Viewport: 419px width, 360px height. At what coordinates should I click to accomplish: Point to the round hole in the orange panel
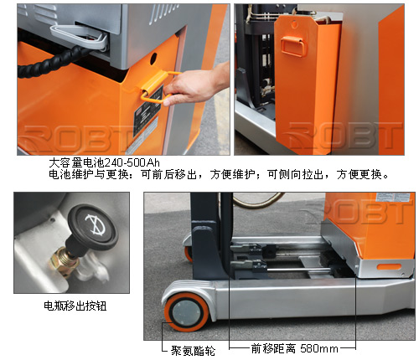point(153,59)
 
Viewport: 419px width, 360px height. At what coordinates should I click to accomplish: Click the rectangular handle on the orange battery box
point(292,47)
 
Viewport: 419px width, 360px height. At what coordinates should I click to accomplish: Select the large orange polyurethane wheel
point(187,311)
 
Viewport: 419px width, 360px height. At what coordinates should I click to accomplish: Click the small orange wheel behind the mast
point(189,254)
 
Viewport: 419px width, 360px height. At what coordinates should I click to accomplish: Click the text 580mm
point(319,348)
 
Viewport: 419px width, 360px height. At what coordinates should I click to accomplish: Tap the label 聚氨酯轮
point(193,351)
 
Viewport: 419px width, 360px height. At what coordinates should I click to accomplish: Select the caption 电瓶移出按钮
point(75,306)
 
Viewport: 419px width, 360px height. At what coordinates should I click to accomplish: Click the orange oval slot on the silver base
point(389,267)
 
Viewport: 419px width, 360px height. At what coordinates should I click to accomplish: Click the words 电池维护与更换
point(89,174)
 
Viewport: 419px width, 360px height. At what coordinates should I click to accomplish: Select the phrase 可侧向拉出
point(296,174)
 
